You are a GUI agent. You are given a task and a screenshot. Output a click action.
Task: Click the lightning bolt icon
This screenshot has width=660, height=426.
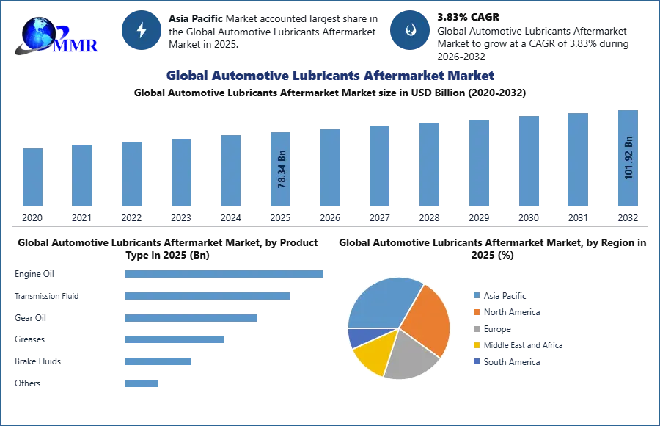pos(142,30)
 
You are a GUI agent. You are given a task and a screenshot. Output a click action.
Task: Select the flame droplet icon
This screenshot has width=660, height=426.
pos(410,30)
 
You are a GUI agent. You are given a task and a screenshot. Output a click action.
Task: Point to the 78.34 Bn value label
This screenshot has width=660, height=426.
pos(282,170)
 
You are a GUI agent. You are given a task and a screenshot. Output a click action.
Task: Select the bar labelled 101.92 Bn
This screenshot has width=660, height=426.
pos(628,158)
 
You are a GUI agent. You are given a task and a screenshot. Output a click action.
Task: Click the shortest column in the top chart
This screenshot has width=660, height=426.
pos(32,178)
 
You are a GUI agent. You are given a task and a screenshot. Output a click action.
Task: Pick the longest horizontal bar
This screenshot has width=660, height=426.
pos(225,275)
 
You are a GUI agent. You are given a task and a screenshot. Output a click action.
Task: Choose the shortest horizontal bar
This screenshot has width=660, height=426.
pos(141,382)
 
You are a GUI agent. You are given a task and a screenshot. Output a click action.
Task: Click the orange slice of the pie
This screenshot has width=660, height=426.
pos(426,317)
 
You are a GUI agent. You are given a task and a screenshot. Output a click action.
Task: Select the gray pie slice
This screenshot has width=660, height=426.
pos(409,355)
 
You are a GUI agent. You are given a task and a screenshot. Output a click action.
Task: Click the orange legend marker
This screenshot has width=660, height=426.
pos(475,312)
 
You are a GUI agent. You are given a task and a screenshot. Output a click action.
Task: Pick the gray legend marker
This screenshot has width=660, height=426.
pos(475,329)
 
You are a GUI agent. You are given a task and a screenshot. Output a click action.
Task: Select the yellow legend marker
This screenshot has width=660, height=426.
pos(475,346)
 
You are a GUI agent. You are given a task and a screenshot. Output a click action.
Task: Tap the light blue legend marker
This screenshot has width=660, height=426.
pos(475,295)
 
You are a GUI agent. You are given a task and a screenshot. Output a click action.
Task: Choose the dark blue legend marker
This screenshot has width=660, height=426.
pos(475,363)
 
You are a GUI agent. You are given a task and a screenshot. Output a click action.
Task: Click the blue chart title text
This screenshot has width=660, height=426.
pos(331,76)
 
